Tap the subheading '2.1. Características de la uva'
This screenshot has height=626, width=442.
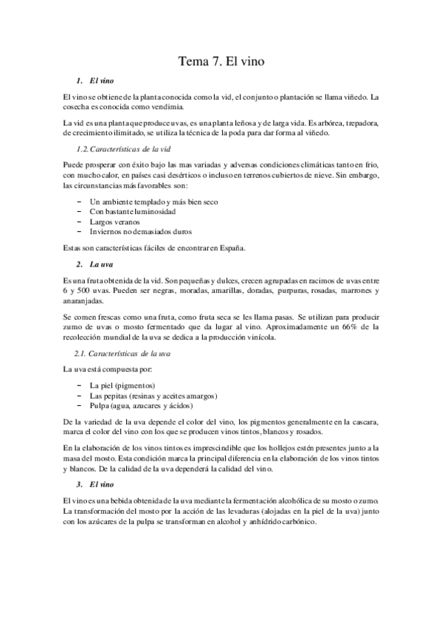(128, 354)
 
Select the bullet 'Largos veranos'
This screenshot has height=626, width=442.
(116, 221)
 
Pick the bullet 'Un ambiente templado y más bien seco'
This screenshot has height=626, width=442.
(153, 201)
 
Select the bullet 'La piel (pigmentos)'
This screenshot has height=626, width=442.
(122, 385)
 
